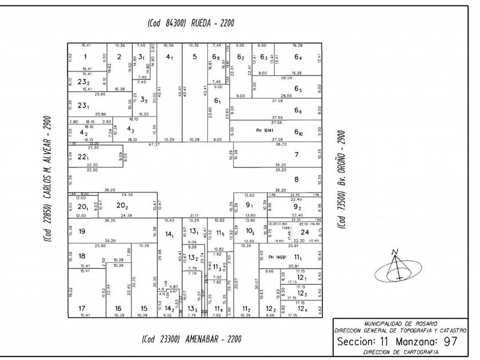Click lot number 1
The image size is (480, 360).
pyautogui.click(x=85, y=56)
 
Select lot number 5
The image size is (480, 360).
pyautogui.click(x=194, y=56)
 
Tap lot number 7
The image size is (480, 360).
pyautogui.click(x=296, y=155)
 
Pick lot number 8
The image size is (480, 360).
pyautogui.click(x=296, y=179)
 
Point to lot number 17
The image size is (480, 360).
pyautogui.click(x=82, y=309)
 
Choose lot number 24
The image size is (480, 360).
pyautogui.click(x=305, y=232)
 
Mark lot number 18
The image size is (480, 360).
pyautogui.click(x=82, y=256)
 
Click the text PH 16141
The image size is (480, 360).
pyautogui.click(x=266, y=131)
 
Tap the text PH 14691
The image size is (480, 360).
pyautogui.click(x=276, y=258)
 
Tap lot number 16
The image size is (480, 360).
pyautogui.click(x=118, y=309)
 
